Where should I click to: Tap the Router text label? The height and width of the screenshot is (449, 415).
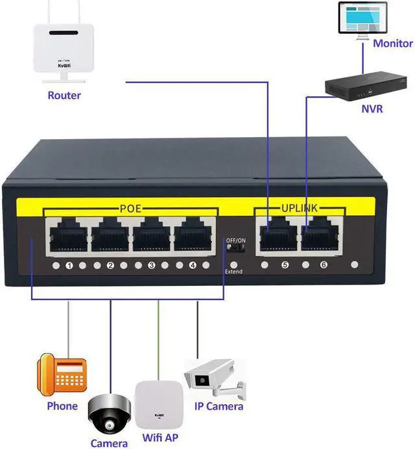[64, 96]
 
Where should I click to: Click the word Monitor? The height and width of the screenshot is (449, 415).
[392, 44]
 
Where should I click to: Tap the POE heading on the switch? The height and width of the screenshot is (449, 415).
[130, 209]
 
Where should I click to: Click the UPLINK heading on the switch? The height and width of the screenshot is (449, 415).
[300, 209]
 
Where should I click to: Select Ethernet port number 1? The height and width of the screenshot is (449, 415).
[68, 235]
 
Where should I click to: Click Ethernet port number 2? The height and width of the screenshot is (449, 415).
[110, 235]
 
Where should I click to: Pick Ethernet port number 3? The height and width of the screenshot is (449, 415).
[151, 235]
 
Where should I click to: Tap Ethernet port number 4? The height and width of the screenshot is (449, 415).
[192, 235]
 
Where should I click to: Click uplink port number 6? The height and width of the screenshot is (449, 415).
[319, 235]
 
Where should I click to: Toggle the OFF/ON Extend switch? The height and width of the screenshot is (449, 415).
[233, 250]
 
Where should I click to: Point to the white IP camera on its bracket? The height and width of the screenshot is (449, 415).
[214, 380]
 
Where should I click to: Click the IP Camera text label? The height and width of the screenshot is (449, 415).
[219, 406]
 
